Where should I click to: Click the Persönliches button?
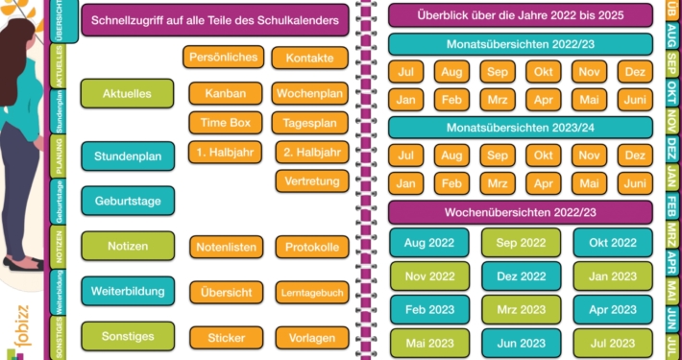(223, 58)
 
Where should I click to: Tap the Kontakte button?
(309, 59)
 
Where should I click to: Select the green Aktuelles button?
(127, 94)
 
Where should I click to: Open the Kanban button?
(225, 93)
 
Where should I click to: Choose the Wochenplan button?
(309, 93)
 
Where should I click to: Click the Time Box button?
(225, 122)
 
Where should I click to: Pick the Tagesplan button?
(309, 123)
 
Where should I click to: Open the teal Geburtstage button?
(127, 201)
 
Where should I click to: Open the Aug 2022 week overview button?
(428, 243)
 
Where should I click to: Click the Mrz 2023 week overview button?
(521, 309)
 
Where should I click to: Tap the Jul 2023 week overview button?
(612, 343)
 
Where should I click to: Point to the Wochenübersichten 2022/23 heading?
(521, 212)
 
